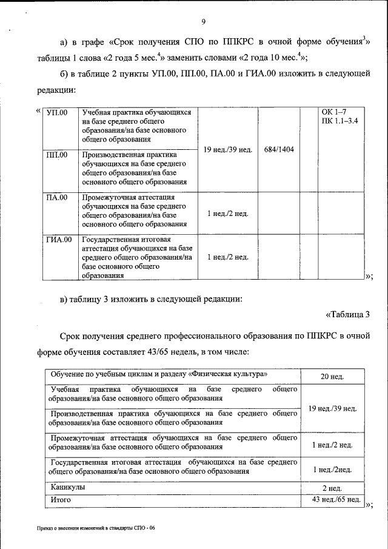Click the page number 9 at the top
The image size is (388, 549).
[204, 22]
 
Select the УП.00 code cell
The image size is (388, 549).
[58, 113]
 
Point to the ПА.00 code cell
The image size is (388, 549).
[58, 197]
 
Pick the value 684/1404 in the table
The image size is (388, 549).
[279, 149]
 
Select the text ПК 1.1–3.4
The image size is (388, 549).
[340, 121]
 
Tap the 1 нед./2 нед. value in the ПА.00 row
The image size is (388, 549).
[227, 214]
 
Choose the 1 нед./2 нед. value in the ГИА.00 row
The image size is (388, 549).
[227, 257]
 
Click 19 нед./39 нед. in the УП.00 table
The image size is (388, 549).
[227, 149]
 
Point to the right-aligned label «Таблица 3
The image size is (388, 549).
[347, 314]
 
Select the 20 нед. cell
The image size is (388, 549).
[332, 377]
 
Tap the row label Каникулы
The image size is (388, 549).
[68, 487]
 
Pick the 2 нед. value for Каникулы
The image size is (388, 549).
[332, 488]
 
